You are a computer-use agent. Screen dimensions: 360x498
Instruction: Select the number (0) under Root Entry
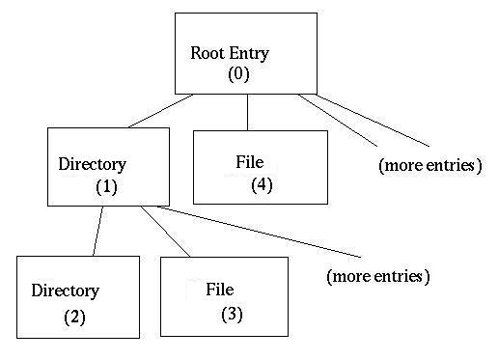coord(238,75)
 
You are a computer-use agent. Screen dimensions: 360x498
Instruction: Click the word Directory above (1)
coord(93,163)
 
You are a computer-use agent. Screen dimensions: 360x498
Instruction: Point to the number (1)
coord(106,186)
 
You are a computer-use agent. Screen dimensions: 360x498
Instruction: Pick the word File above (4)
coord(249,161)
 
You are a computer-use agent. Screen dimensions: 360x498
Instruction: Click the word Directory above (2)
coord(65,291)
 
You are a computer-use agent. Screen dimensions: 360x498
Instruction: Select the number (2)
coord(75,316)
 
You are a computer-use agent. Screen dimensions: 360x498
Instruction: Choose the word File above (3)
coord(220,289)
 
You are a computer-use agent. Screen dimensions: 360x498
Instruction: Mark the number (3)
coord(232,313)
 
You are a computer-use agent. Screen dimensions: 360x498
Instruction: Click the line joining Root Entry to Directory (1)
coord(160,111)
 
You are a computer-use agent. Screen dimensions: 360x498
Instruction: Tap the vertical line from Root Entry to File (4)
coord(248,112)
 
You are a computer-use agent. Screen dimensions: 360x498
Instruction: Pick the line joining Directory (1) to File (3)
coord(166,232)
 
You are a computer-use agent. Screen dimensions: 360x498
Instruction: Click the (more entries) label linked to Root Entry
coord(429,165)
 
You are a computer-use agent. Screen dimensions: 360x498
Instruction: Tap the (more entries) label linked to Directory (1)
coord(377,276)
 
